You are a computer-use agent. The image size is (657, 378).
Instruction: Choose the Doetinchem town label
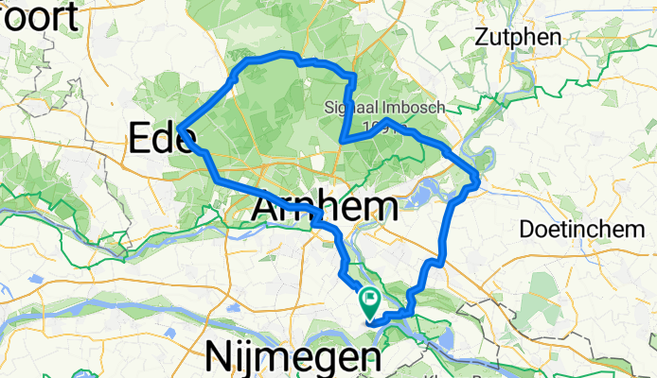581,230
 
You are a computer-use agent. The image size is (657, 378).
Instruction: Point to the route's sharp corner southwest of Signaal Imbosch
340,141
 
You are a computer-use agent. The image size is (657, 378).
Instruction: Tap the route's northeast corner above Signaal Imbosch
352,75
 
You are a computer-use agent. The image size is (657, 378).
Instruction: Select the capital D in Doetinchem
527,230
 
